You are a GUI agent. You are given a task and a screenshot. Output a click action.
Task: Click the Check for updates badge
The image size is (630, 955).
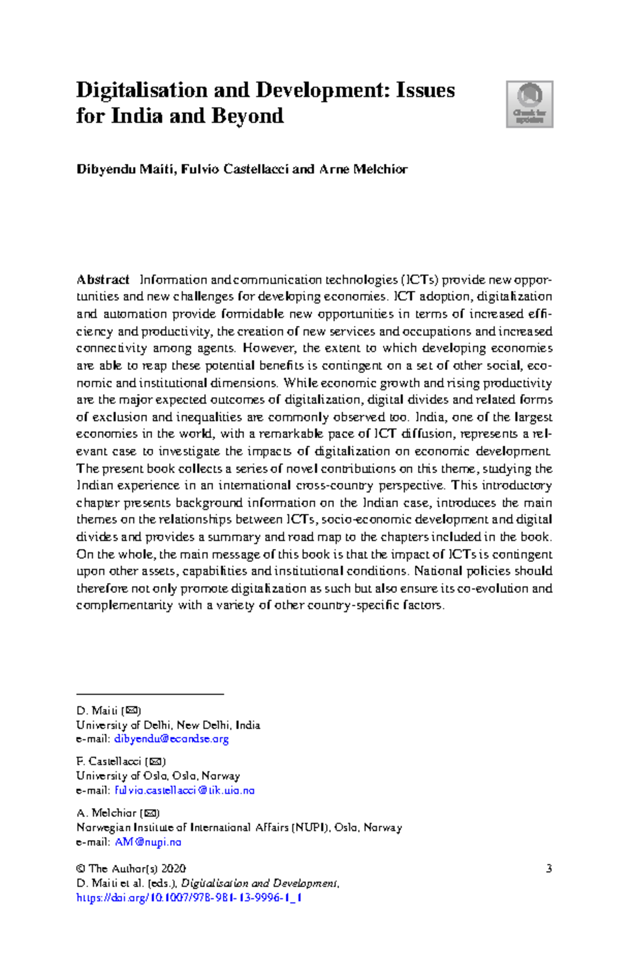(529, 104)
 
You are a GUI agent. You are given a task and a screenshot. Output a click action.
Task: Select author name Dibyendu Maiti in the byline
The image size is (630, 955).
(127, 169)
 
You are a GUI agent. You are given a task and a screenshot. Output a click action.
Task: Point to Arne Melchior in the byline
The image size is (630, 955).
(363, 169)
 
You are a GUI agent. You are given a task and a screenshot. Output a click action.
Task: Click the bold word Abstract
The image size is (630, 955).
(103, 280)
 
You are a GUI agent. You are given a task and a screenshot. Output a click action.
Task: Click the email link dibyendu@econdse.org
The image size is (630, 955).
(172, 739)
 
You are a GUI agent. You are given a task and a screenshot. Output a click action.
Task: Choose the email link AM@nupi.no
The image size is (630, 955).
(148, 842)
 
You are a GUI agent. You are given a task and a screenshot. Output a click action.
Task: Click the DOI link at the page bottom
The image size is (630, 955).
(189, 898)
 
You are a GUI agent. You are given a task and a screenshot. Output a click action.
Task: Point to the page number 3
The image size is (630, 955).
(549, 869)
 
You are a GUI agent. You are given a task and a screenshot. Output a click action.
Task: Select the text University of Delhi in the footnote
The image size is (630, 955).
(123, 725)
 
